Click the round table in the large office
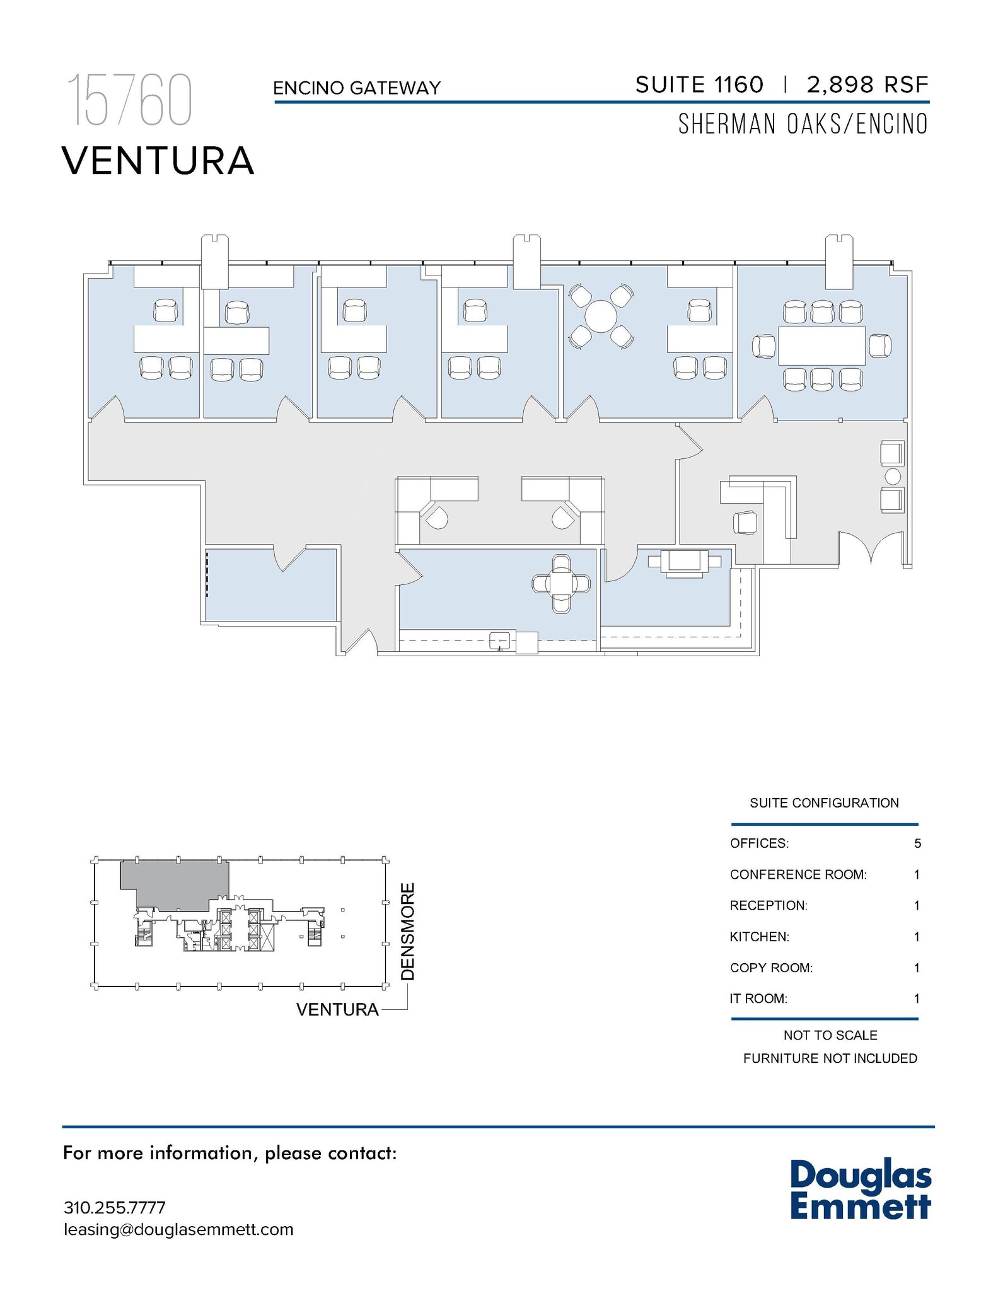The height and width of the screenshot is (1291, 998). click(600, 316)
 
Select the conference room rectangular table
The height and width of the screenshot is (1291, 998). click(821, 345)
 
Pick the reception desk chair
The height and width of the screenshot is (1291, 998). click(745, 523)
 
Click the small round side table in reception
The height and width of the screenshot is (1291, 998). click(893, 476)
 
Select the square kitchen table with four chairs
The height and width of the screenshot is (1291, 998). click(560, 584)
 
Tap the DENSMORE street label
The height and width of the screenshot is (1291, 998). click(408, 932)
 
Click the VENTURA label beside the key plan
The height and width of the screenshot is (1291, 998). click(337, 1009)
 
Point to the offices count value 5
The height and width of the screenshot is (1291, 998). click(917, 843)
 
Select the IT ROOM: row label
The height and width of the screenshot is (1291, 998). click(758, 999)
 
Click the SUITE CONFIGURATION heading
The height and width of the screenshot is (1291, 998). click(823, 803)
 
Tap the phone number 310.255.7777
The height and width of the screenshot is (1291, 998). click(114, 1208)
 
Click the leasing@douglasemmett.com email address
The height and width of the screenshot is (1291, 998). click(178, 1230)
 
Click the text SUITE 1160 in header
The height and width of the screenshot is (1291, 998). click(699, 84)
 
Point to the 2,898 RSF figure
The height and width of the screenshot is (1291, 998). click(867, 84)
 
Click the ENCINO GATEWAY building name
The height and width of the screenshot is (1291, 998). click(356, 88)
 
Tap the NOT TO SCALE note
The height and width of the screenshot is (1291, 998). click(830, 1035)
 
